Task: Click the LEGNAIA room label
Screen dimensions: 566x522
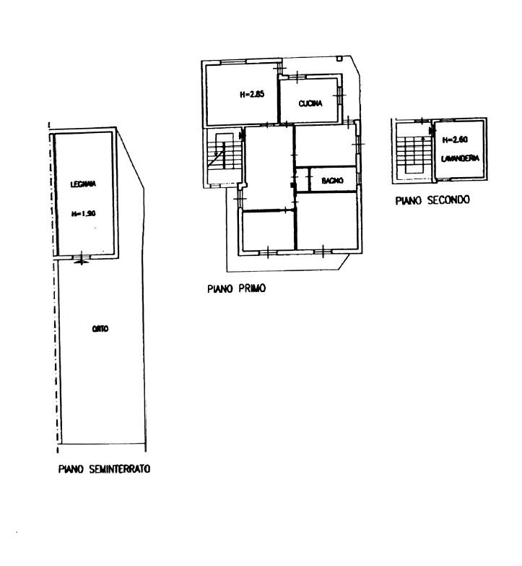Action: click(84, 184)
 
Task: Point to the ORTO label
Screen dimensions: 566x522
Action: click(100, 329)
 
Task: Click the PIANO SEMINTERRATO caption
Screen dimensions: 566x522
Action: click(104, 469)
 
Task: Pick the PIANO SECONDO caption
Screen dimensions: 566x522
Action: click(432, 200)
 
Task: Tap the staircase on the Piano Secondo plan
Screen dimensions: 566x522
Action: click(411, 153)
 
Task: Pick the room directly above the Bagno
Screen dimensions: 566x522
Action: click(325, 145)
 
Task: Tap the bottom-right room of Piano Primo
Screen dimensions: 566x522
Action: click(328, 224)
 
